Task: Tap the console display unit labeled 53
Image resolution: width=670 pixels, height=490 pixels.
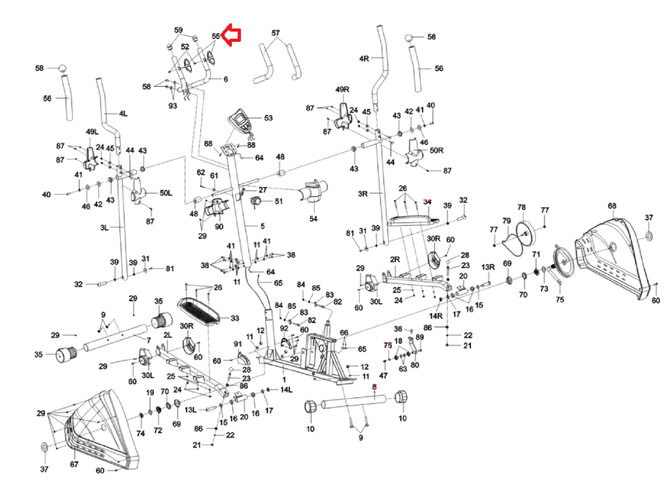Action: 240,120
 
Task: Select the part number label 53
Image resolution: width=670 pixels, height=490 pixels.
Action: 268,118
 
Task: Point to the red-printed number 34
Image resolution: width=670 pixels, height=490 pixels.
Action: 427,202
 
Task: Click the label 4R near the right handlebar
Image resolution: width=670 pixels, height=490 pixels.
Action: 364,58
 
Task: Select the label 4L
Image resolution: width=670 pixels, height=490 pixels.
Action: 123,114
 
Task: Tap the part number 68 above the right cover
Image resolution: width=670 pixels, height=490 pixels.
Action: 612,206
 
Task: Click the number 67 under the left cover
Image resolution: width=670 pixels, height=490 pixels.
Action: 74,465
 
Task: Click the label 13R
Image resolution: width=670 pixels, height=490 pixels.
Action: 488,267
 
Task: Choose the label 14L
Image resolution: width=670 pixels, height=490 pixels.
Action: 286,390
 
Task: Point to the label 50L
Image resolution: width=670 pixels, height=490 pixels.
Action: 166,193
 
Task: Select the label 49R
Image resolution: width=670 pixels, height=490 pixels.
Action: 342,90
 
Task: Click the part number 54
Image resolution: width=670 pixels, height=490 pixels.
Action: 313,219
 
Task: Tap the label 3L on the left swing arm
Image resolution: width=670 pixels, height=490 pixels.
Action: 105,228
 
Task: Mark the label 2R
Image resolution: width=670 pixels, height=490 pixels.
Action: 395,259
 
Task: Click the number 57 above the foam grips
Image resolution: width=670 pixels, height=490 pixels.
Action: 276,33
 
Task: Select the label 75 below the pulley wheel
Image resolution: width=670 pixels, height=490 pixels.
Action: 560,300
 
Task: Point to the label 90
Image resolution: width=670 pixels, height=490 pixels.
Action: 219,227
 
